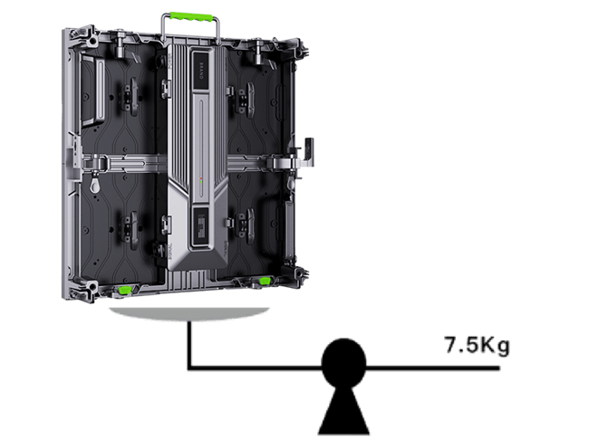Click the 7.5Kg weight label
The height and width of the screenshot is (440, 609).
pyautogui.click(x=477, y=345)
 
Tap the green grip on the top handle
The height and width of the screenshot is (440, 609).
pyautogui.click(x=190, y=17)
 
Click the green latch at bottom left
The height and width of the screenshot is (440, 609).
pyautogui.click(x=125, y=290)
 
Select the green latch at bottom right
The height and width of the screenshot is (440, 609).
pyautogui.click(x=265, y=280)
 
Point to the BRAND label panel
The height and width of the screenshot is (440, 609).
pyautogui.click(x=201, y=71)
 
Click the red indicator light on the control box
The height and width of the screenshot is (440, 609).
pyautogui.click(x=201, y=178)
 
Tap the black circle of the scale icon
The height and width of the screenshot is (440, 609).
pyautogui.click(x=343, y=362)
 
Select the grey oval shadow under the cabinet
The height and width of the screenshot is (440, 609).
pyautogui.click(x=189, y=313)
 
